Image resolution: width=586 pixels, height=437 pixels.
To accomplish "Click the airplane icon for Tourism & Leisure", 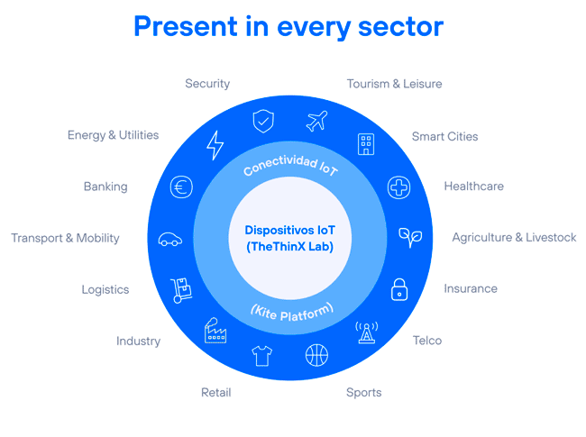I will (316, 121).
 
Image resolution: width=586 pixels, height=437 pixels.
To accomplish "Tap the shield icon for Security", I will (263, 121).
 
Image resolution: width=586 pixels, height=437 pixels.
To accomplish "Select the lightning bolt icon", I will (215, 144).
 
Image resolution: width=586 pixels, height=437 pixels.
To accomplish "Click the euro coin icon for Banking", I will (182, 187).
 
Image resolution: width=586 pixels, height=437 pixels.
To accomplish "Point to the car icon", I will (170, 239).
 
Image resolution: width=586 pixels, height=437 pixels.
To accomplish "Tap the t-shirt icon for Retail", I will (262, 356).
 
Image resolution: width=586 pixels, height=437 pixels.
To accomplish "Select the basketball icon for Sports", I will (317, 355).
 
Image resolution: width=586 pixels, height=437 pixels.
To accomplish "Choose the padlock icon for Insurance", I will (399, 290).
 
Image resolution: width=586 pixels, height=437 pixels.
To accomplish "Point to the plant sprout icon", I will (409, 237).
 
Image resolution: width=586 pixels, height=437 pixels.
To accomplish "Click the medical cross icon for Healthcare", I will (398, 187).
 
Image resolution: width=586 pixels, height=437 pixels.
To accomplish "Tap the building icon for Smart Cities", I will (366, 143).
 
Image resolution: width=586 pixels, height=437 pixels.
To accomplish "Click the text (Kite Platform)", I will (290, 311).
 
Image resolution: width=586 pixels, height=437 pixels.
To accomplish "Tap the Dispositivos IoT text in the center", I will (289, 230).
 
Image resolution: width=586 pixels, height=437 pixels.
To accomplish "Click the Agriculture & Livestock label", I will (514, 238).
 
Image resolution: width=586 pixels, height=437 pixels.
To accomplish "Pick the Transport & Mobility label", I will (65, 239).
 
